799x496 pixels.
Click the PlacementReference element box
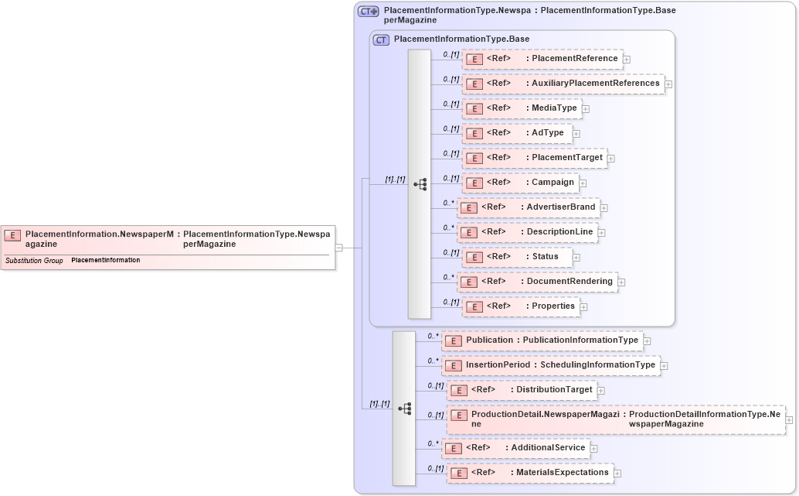tap(542, 59)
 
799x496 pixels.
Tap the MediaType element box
tap(522, 108)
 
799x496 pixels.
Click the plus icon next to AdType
tap(576, 134)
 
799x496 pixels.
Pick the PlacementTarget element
tap(534, 158)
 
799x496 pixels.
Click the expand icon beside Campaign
tap(583, 183)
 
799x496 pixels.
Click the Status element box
tap(516, 257)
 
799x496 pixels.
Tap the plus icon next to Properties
tap(583, 307)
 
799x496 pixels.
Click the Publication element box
tap(542, 340)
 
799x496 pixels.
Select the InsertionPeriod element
tap(550, 365)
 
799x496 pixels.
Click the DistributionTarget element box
tap(522, 390)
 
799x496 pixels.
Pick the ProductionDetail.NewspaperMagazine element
tap(615, 419)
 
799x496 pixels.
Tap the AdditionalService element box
tap(515, 448)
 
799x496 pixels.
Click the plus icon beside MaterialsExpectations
tap(617, 474)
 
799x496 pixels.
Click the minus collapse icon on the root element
tap(338, 248)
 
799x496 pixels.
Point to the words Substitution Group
tap(34, 261)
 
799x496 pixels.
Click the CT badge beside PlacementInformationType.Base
tap(381, 39)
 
